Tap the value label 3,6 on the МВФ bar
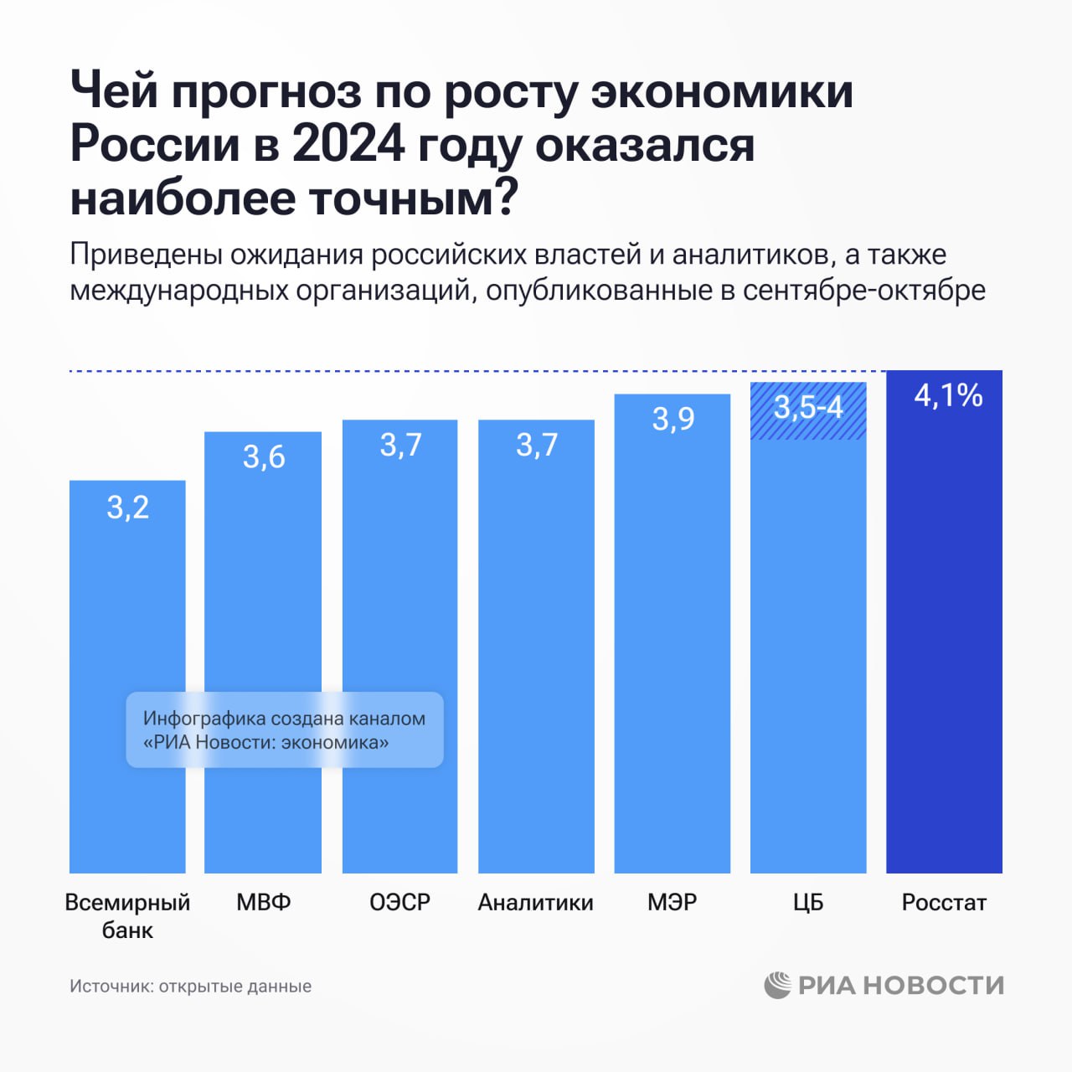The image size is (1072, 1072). (x=264, y=457)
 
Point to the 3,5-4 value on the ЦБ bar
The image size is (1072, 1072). (x=808, y=408)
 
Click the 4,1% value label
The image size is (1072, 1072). (x=948, y=395)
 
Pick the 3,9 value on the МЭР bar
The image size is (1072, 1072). (x=673, y=419)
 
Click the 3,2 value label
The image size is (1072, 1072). (x=127, y=508)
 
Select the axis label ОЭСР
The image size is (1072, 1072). (x=400, y=902)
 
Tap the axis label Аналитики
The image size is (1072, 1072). (x=536, y=902)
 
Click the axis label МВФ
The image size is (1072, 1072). (x=264, y=902)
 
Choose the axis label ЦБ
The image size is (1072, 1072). (x=808, y=902)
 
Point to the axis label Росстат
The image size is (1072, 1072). (x=944, y=902)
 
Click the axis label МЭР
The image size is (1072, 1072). (x=673, y=902)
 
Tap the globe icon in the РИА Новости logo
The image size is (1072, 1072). (x=777, y=985)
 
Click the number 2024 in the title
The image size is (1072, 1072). (x=348, y=144)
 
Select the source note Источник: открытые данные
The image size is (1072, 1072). (x=190, y=987)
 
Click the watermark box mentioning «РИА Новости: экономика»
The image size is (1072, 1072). (x=285, y=729)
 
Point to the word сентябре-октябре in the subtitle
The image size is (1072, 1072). (x=863, y=290)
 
